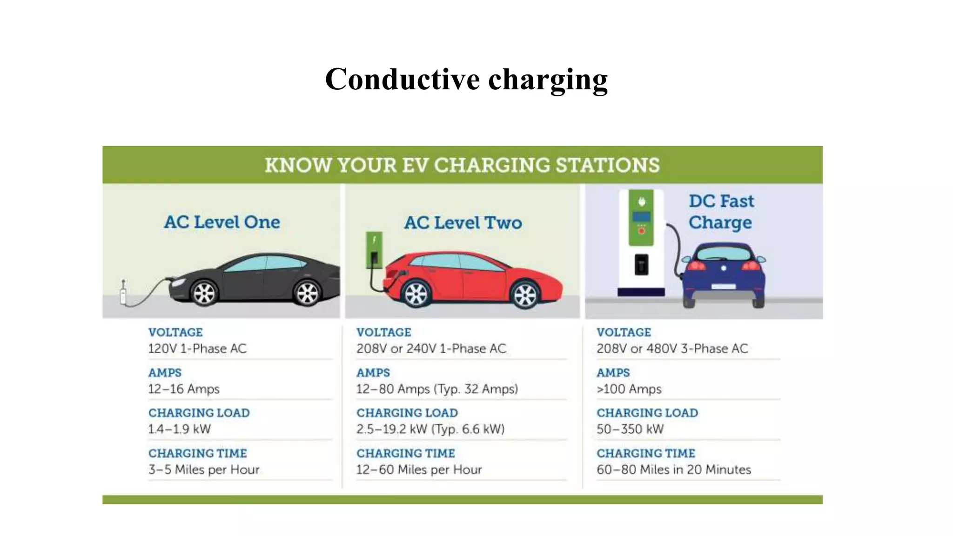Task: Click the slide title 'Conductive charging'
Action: (x=466, y=79)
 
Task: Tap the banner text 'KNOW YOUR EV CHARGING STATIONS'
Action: (x=462, y=165)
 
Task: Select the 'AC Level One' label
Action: (x=222, y=222)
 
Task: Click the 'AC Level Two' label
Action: (x=463, y=223)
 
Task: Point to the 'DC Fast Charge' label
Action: (x=721, y=212)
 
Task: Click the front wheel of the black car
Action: (x=204, y=293)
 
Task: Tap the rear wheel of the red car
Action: (x=416, y=294)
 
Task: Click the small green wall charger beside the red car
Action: (x=374, y=250)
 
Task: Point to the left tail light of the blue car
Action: (x=697, y=266)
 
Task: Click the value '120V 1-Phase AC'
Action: (x=197, y=348)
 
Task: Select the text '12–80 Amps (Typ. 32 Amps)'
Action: (x=437, y=389)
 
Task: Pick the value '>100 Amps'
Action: (x=629, y=389)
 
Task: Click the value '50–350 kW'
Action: (x=630, y=429)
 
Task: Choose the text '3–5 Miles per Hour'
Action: (x=204, y=469)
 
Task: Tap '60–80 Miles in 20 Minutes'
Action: (x=674, y=469)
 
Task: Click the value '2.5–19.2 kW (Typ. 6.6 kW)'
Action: (x=430, y=429)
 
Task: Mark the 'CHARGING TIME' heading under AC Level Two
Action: (x=406, y=453)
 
